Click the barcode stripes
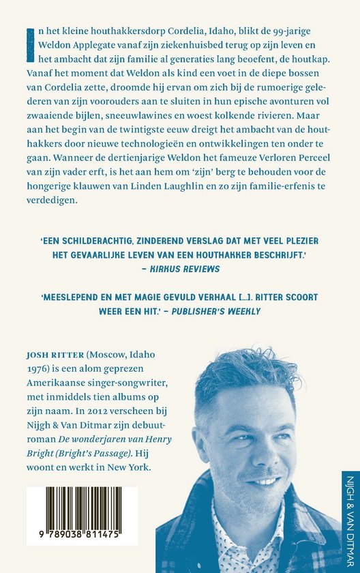(74, 509)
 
